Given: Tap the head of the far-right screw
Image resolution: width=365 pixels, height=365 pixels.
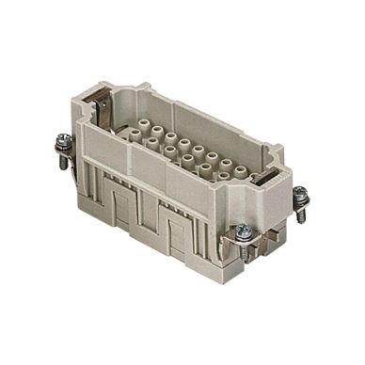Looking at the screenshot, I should [x=300, y=194].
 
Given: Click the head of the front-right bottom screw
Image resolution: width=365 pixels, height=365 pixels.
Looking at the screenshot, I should [x=242, y=229].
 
